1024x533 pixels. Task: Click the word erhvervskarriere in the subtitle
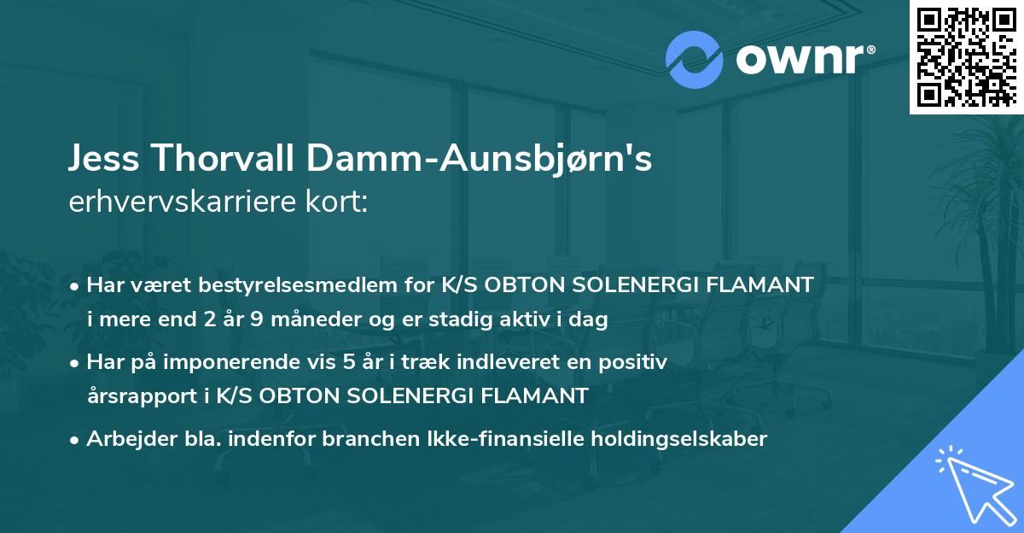pos(184,203)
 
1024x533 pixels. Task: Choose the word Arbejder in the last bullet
pos(123,439)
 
